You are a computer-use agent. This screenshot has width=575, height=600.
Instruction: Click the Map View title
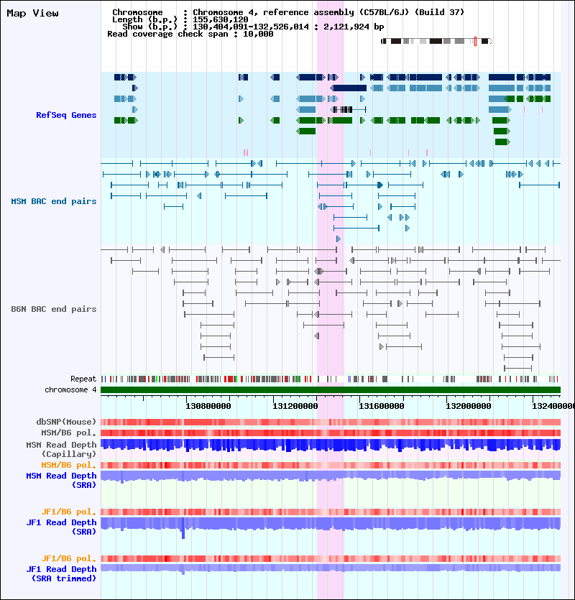[x=32, y=14]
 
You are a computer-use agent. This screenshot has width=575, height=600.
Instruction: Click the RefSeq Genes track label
[x=66, y=115]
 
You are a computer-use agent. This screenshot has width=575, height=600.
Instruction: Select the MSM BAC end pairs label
[x=54, y=201]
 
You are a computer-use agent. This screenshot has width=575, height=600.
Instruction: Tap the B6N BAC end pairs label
[x=54, y=309]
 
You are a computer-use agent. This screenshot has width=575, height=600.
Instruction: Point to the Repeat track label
[x=83, y=379]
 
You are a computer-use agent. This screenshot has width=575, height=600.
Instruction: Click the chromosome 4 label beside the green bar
[x=70, y=389]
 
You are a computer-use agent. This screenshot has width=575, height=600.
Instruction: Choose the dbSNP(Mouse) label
[x=66, y=422]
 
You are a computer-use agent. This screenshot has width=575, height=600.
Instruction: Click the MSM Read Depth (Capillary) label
[x=61, y=449]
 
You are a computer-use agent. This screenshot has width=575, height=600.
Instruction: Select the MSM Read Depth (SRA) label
[x=61, y=480]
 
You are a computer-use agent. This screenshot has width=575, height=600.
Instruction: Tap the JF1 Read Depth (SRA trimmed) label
[x=61, y=573]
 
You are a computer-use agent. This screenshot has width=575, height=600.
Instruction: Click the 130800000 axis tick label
[x=208, y=406]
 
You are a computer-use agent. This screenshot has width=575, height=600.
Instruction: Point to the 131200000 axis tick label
[x=295, y=406]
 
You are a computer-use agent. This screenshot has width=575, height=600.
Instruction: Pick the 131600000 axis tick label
[x=381, y=406]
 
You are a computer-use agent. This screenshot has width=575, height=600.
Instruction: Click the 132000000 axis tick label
[x=468, y=406]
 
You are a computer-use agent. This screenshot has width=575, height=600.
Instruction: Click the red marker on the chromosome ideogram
[x=475, y=42]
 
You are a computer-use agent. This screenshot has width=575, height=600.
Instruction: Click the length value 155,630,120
[x=220, y=19]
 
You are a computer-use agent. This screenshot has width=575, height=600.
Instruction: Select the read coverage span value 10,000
[x=258, y=34]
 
